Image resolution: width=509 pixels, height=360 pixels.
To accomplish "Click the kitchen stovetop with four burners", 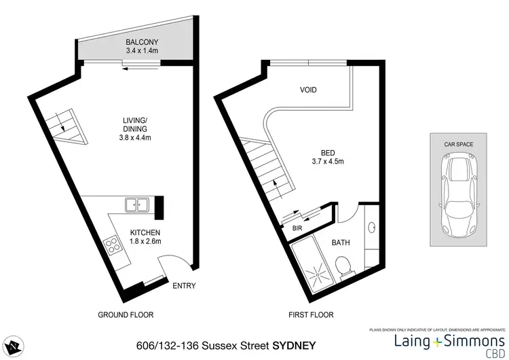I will pyautogui.click(x=110, y=247).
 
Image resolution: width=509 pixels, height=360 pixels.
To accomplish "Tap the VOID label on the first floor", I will pyautogui.click(x=308, y=90).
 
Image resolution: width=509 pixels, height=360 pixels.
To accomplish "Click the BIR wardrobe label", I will pyautogui.click(x=297, y=229).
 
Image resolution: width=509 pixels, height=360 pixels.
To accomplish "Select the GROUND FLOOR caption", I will pyautogui.click(x=126, y=314).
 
